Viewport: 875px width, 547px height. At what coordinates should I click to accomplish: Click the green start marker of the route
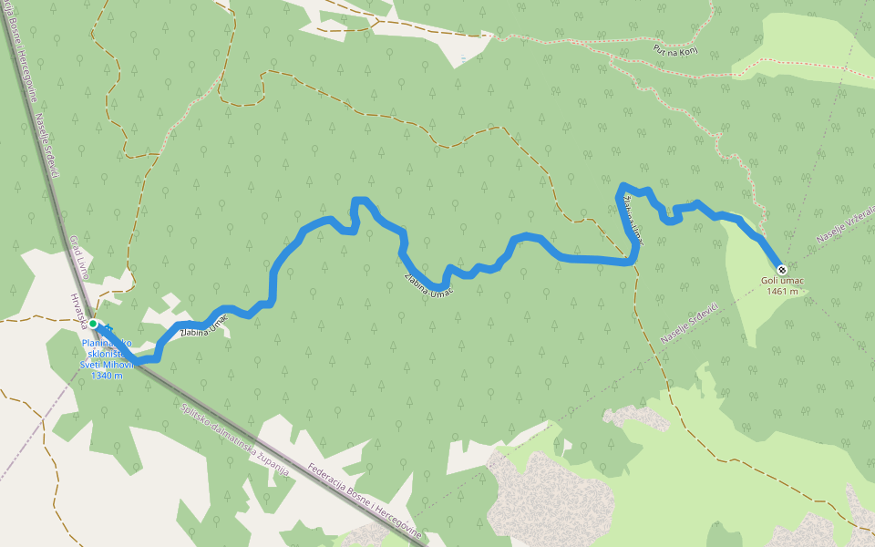93,324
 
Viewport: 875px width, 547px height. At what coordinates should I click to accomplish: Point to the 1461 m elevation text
782,292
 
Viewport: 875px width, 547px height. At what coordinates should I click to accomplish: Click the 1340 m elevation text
107,376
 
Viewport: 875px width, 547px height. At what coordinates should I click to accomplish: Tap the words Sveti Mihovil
108,365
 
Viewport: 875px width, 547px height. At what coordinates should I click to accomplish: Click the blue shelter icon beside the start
108,327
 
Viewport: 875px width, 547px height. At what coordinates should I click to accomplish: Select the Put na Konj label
676,50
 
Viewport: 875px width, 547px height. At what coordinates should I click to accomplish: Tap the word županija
274,466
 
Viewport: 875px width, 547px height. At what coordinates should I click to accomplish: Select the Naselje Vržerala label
844,224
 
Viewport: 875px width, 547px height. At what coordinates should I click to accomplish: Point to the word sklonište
103,354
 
